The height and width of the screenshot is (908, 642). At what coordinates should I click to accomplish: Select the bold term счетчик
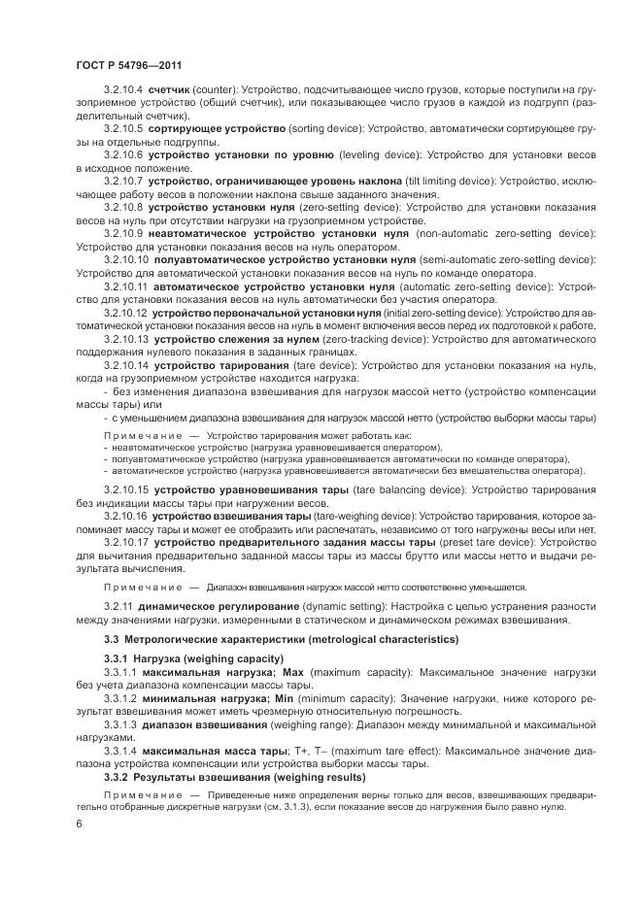169,88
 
